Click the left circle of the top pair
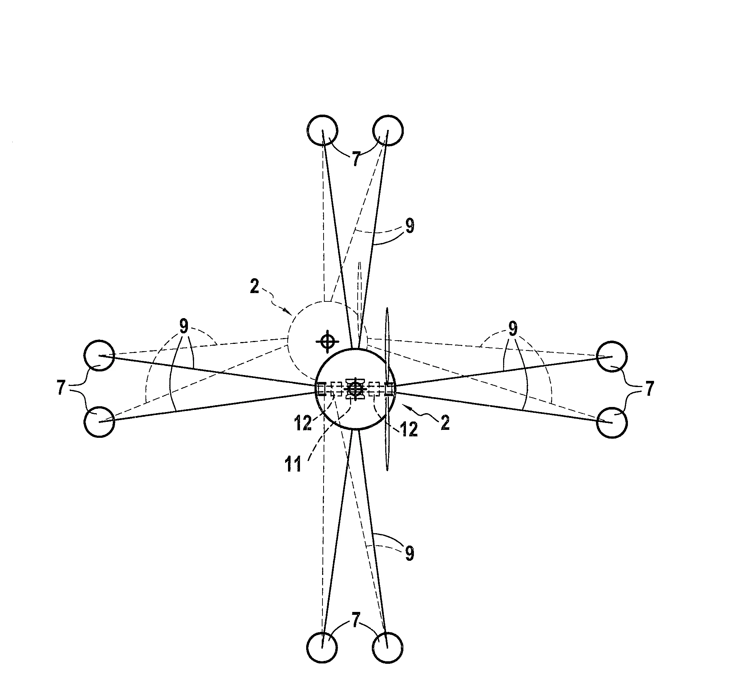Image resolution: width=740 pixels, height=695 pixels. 322,130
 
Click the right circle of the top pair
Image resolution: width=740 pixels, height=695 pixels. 387,130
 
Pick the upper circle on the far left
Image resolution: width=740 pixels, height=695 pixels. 99,355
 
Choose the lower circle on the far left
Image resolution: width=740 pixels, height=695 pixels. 99,422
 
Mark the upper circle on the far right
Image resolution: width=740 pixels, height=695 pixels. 612,356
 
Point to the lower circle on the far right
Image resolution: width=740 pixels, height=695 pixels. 612,423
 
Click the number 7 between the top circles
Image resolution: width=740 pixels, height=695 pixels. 356,159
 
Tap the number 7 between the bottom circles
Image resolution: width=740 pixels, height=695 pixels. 356,620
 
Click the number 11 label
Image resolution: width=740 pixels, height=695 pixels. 293,465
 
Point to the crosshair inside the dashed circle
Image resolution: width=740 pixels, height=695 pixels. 327,341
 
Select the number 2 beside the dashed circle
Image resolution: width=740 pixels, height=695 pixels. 254,287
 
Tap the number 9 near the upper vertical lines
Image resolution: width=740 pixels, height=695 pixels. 410,226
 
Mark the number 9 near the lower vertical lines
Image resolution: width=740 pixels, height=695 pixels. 409,554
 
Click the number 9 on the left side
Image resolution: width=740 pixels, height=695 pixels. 184,326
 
